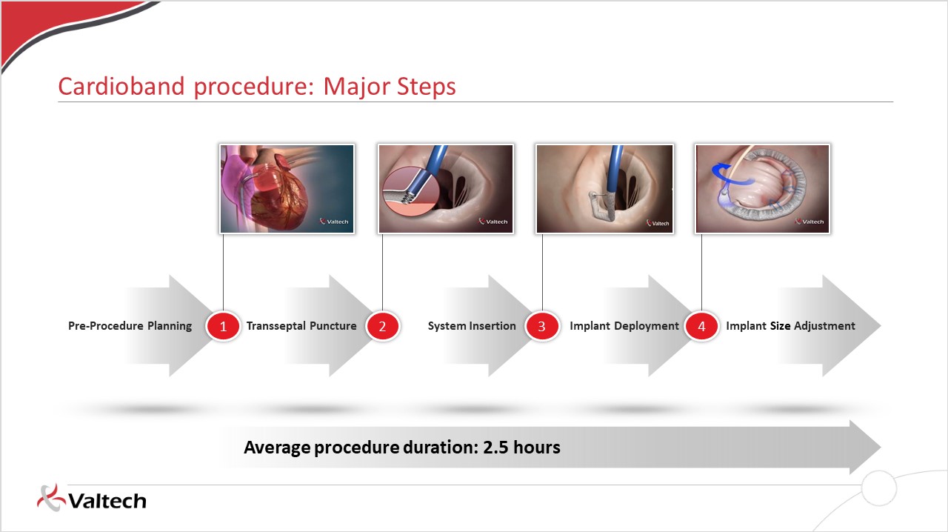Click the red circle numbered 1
(223, 326)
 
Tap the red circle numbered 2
(382, 326)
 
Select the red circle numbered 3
(541, 326)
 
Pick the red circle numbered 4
(701, 326)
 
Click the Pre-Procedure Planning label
(130, 326)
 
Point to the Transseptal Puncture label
(301, 326)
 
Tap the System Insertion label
(472, 326)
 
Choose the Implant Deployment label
(624, 326)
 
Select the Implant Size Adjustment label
(790, 326)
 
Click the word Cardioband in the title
(121, 87)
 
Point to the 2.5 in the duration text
(495, 448)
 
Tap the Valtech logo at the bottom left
(92, 499)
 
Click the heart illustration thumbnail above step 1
(287, 189)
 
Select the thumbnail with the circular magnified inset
(446, 189)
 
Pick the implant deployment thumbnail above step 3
(605, 189)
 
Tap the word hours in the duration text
(537, 448)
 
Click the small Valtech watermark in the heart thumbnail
(334, 222)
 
